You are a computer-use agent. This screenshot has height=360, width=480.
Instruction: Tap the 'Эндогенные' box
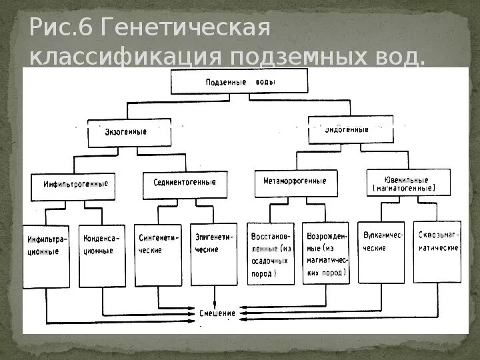point(351,129)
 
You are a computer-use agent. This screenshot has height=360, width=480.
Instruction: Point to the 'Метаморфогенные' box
point(295,181)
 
